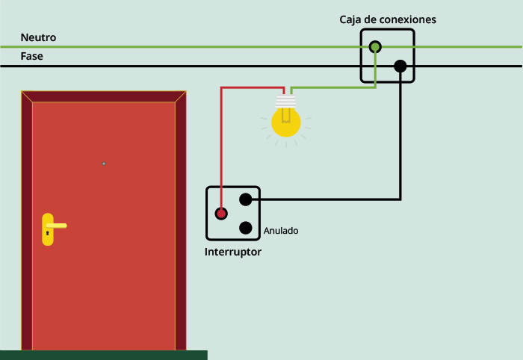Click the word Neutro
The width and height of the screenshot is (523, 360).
point(38,37)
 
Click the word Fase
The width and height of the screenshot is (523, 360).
point(31,56)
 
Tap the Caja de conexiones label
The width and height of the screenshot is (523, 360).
point(388,19)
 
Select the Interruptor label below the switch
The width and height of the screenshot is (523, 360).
point(233,252)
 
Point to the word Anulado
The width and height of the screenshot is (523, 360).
point(281,231)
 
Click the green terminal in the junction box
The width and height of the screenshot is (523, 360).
point(375,47)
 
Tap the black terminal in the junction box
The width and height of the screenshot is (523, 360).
point(400,66)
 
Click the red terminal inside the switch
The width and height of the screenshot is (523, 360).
point(221,214)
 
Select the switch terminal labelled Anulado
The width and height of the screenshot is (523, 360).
point(246,228)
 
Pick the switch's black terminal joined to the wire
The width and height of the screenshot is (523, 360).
point(246,199)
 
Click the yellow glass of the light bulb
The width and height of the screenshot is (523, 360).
point(286,122)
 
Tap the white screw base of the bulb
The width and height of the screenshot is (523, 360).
point(286,102)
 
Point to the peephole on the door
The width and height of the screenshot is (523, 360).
point(104,164)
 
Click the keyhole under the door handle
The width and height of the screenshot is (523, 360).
point(47,233)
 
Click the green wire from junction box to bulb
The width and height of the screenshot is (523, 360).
point(333,87)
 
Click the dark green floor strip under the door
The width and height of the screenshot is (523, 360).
point(104,355)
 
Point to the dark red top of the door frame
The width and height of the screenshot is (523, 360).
point(104,96)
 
